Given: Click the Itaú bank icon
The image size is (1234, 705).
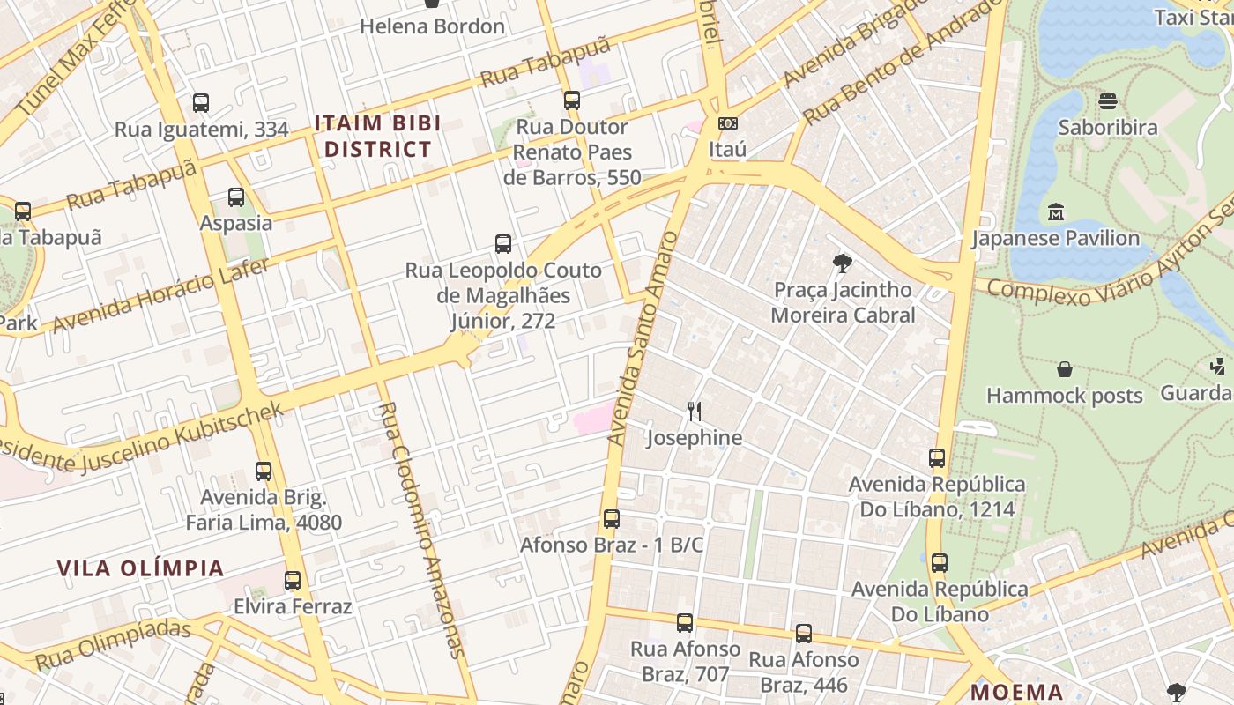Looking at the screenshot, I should (727, 123).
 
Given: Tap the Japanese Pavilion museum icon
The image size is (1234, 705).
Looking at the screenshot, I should (1055, 212).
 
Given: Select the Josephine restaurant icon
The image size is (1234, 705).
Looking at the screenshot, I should (695, 412).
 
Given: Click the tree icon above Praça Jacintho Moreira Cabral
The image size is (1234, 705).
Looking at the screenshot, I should (843, 263).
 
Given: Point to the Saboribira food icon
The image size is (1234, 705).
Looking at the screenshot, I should (1108, 101).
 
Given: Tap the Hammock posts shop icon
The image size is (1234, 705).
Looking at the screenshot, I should (1065, 369).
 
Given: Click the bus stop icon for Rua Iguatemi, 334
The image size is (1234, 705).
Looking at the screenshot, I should (201, 103).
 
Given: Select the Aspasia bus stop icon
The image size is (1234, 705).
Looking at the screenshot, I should (235, 197).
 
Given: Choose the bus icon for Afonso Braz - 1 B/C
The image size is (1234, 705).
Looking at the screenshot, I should (612, 519).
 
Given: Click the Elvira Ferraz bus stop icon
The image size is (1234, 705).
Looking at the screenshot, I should (293, 581).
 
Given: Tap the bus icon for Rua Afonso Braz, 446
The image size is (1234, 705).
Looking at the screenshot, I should (804, 634).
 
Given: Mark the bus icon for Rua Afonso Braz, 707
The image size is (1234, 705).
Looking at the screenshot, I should (685, 623).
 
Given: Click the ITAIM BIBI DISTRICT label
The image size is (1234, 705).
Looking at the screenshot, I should (377, 137).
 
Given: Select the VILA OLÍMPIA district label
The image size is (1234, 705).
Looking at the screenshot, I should (141, 568).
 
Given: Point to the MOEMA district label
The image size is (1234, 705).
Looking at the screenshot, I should (1017, 692).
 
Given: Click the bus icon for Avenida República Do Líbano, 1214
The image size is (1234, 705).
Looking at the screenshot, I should (937, 458).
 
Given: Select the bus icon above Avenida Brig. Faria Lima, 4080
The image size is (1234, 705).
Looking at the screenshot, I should (264, 471).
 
